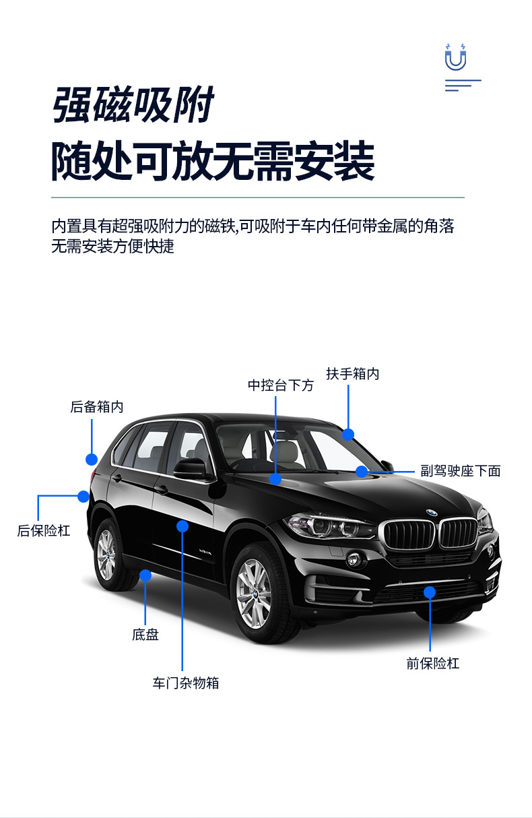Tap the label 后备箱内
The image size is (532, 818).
97,407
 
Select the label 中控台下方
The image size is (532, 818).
281,385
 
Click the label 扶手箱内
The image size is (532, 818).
353,373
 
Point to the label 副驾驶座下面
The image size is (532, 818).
461,471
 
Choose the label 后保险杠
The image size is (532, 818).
44,530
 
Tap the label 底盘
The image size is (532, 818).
145,634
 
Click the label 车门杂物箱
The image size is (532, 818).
186,683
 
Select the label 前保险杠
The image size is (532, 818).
432,663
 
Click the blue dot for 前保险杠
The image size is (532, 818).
430,592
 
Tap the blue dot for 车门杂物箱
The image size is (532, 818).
182,526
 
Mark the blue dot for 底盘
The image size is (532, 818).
145,575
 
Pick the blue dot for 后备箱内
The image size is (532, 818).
92,460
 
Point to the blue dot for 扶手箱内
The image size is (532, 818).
348,435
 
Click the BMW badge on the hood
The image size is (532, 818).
431,513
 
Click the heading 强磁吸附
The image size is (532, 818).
133,105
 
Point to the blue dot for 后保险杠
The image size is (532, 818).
84,497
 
